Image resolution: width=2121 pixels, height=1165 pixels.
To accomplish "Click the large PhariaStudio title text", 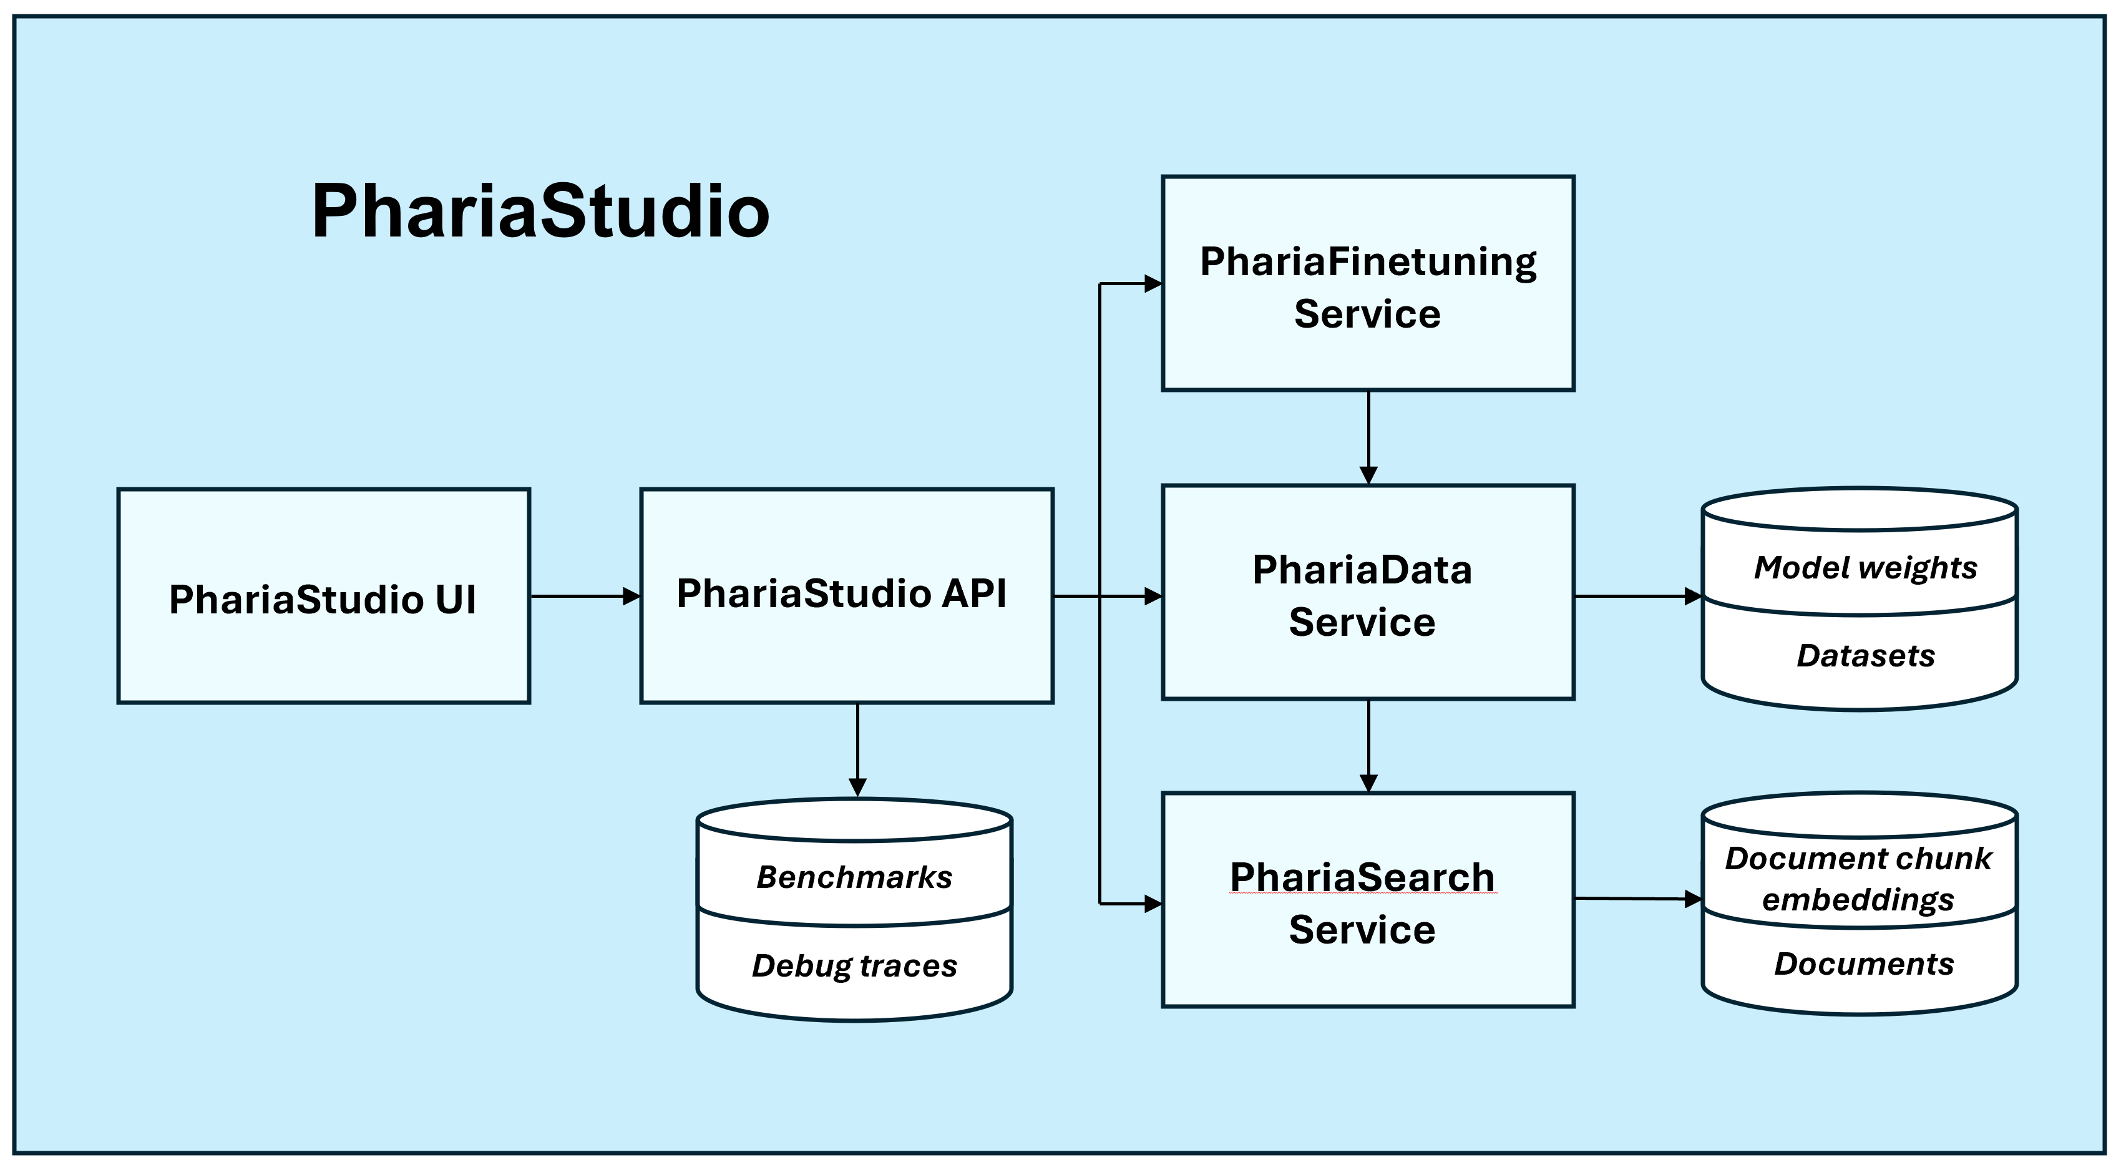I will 540,212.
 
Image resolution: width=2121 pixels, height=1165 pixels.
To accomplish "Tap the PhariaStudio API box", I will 846,650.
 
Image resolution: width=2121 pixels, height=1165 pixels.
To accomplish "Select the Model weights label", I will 1865,568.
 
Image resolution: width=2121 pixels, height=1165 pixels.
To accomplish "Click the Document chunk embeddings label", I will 1858,879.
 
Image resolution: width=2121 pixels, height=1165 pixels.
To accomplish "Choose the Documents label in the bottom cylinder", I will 1863,964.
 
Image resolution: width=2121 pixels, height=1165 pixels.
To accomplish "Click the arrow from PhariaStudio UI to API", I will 585,596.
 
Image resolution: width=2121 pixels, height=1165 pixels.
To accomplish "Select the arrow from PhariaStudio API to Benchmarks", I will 857,749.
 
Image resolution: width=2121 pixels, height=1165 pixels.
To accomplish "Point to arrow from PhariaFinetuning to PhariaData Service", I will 1368,436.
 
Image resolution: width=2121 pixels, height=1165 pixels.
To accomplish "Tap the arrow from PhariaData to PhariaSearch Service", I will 1368,745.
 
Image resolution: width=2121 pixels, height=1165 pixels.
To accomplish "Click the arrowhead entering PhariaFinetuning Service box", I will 1153,284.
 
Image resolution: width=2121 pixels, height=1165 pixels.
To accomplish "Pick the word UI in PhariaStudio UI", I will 456,600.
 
